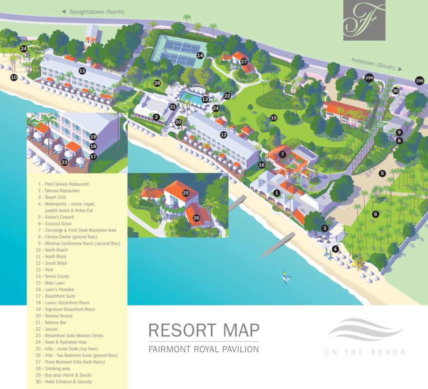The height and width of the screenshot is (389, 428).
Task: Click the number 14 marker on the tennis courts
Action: (200, 55)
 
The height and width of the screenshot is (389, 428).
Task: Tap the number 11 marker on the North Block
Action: (82, 71)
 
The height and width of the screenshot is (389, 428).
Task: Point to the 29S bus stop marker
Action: (420, 81)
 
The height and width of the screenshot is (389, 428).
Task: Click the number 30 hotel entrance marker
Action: (395, 91)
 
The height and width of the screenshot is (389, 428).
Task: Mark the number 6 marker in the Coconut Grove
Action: (375, 214)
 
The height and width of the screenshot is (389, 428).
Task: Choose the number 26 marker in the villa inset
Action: (196, 217)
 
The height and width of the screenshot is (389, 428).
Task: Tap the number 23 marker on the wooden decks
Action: (64, 162)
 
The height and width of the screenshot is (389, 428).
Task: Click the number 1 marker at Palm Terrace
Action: (276, 193)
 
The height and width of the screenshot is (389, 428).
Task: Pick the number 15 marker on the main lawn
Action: (274, 118)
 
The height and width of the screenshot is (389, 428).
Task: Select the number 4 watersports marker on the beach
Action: (334, 249)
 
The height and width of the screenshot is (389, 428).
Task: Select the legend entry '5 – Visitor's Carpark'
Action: (56, 217)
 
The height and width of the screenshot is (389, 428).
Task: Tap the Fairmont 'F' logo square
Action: (361, 20)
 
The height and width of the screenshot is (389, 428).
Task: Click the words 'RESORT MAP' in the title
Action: (204, 330)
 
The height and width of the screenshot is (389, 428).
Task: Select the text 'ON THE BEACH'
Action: (364, 352)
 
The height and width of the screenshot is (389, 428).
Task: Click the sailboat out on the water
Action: (286, 277)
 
